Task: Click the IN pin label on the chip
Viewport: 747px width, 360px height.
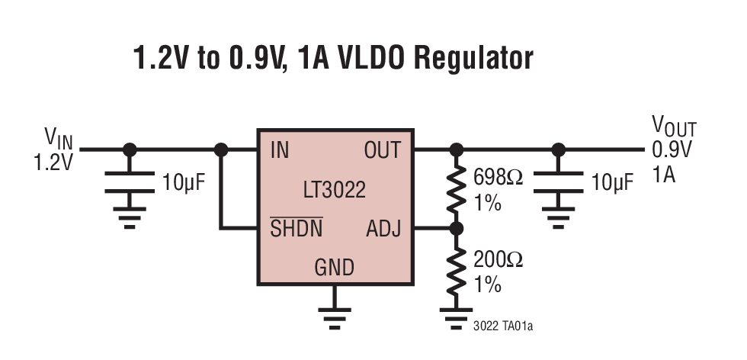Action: [x=280, y=150]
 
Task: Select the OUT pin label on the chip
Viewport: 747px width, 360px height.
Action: [x=382, y=150]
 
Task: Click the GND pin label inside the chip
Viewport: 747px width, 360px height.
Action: [x=334, y=268]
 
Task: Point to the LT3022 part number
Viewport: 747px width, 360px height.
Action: [x=335, y=189]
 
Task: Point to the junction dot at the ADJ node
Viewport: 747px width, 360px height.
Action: [x=457, y=227]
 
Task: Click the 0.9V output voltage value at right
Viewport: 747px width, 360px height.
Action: [x=672, y=150]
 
